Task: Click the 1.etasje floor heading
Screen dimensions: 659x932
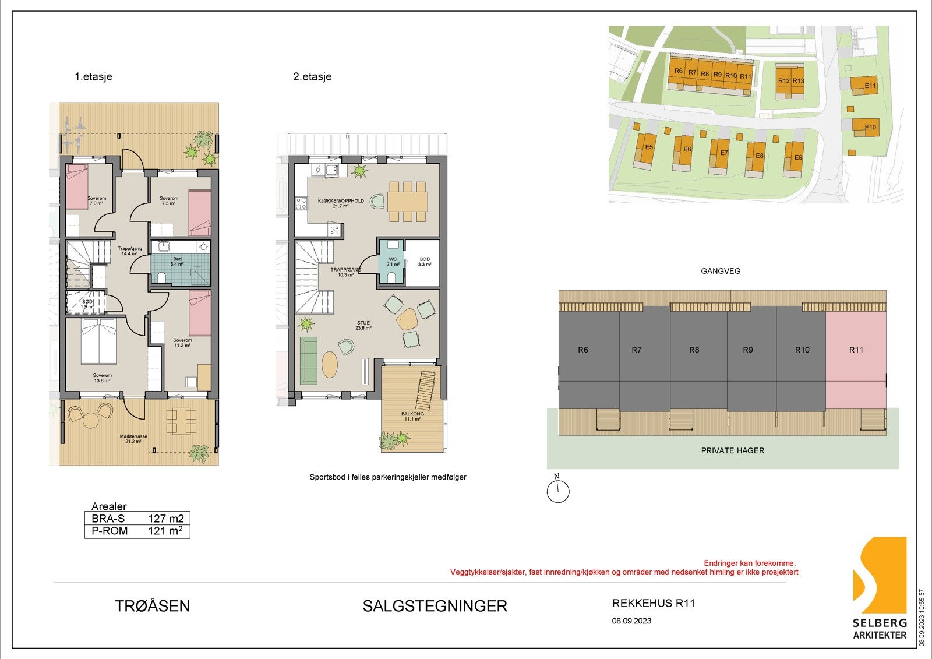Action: pyautogui.click(x=93, y=76)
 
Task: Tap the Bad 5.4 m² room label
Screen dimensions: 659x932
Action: pyautogui.click(x=177, y=262)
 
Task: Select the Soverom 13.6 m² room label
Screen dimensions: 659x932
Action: pyautogui.click(x=102, y=378)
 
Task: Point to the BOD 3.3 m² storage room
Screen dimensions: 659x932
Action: pyautogui.click(x=425, y=262)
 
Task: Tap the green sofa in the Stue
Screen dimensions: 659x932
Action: pyautogui.click(x=309, y=361)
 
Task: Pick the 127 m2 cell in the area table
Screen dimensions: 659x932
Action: pyautogui.click(x=165, y=519)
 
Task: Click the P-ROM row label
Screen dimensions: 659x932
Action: pyautogui.click(x=110, y=531)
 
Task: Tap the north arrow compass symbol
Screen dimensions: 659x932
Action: pyautogui.click(x=557, y=491)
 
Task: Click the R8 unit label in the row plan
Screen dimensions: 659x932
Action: pyautogui.click(x=694, y=350)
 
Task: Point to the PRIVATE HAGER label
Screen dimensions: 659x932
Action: pyautogui.click(x=732, y=450)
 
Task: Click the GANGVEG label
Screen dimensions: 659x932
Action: pyautogui.click(x=721, y=271)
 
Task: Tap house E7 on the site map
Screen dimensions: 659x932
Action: pyautogui.click(x=721, y=156)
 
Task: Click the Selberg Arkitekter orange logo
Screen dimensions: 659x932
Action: pyautogui.click(x=880, y=577)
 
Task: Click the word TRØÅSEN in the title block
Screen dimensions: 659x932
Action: pyautogui.click(x=153, y=606)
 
